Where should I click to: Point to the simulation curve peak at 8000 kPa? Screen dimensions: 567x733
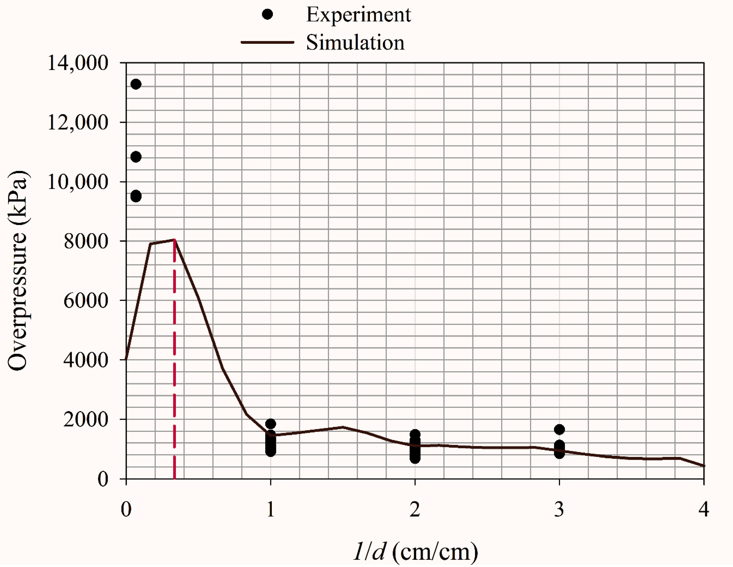click(x=175, y=240)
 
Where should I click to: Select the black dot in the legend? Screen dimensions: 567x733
click(x=267, y=14)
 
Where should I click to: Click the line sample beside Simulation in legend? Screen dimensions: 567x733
click(x=267, y=43)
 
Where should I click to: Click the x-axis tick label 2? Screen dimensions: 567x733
click(x=415, y=509)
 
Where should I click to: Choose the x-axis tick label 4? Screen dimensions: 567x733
click(x=703, y=509)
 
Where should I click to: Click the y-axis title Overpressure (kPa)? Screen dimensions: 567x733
click(x=17, y=271)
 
